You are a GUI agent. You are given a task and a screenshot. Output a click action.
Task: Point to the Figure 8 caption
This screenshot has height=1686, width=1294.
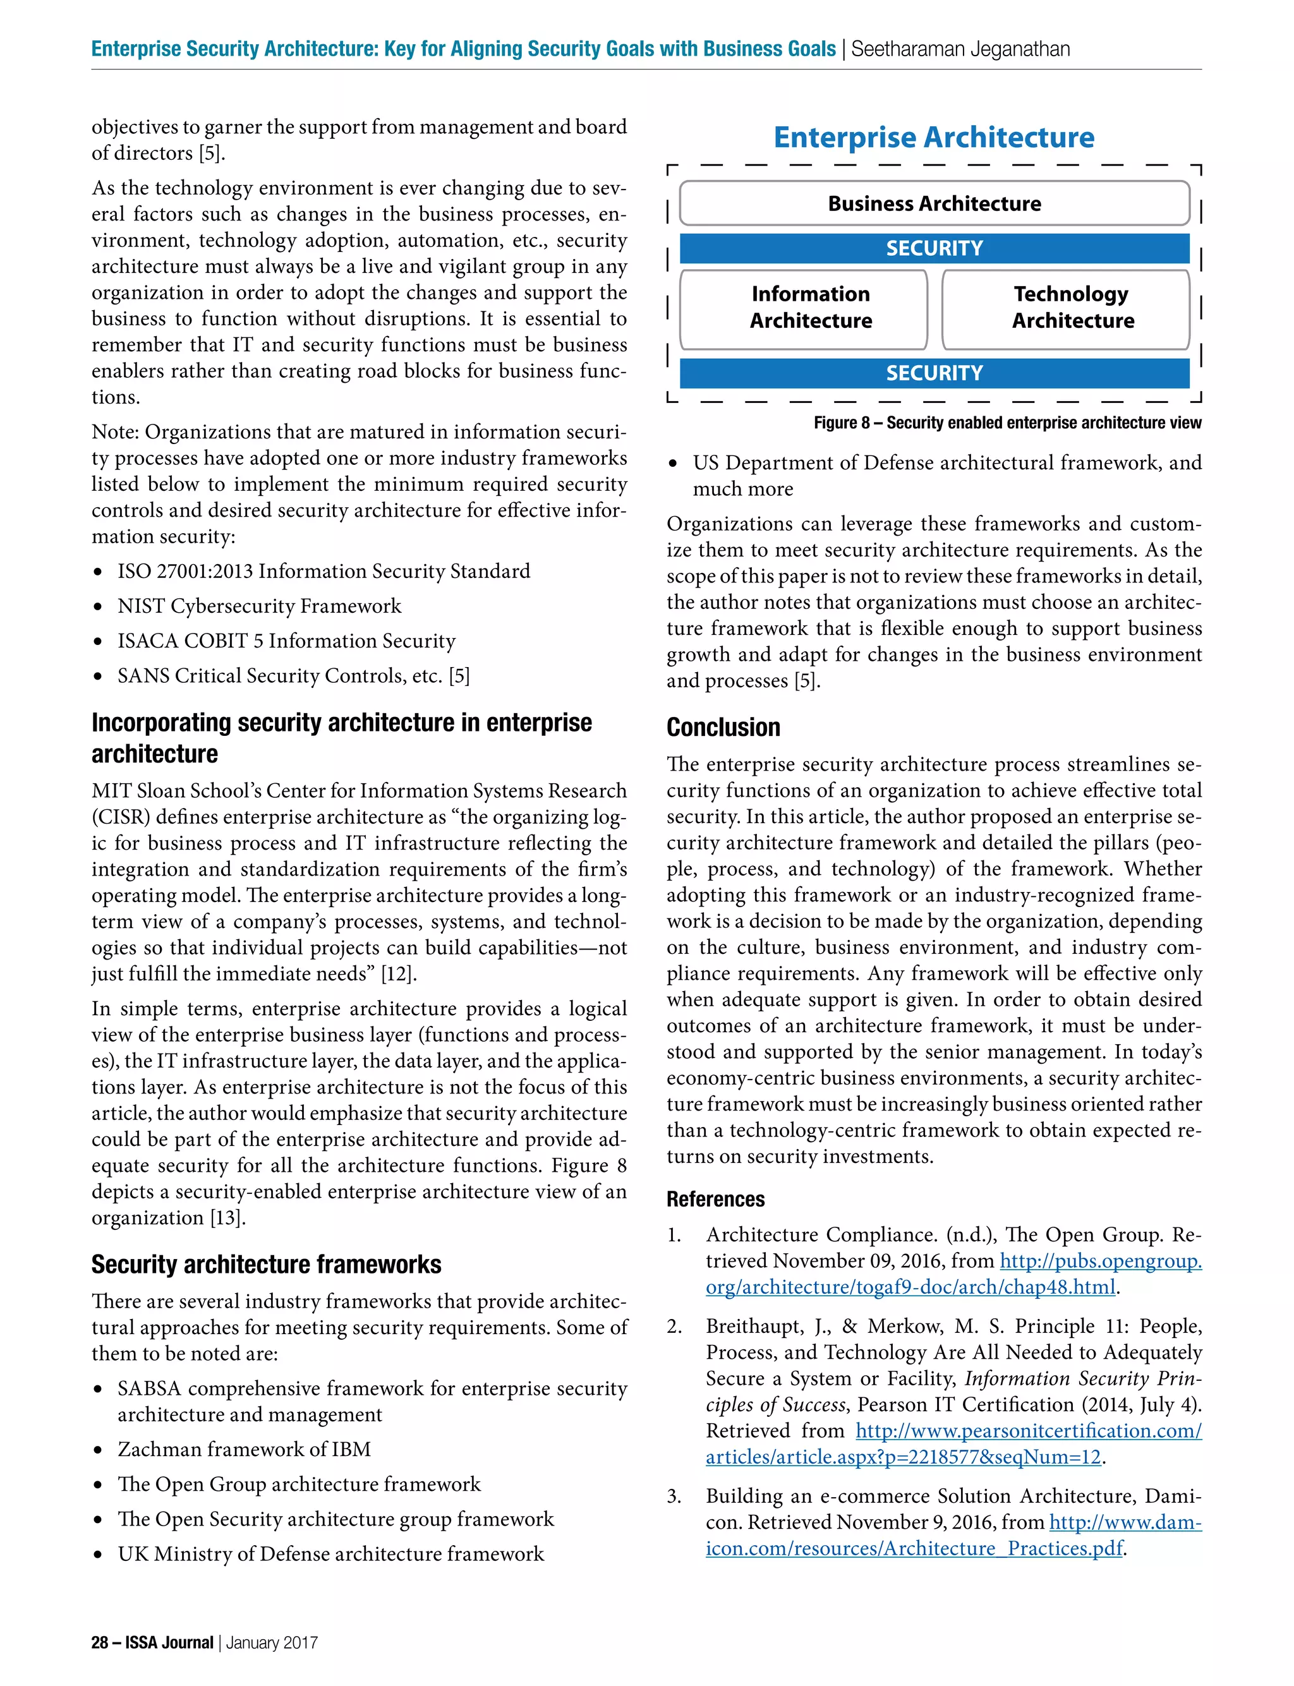click(x=1007, y=423)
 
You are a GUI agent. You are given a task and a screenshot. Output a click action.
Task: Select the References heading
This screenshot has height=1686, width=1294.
click(x=715, y=1200)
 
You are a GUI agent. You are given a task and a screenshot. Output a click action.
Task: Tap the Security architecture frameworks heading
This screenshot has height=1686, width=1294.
click(x=266, y=1264)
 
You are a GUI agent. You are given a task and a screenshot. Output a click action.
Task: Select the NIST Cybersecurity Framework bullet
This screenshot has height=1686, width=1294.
click(x=259, y=606)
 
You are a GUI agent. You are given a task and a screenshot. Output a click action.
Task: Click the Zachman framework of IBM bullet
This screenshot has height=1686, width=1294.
click(x=243, y=1450)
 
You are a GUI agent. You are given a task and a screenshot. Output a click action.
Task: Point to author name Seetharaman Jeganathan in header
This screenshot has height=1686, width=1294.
click(x=960, y=49)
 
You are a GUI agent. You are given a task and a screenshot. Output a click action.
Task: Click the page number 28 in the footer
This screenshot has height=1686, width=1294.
click(x=99, y=1642)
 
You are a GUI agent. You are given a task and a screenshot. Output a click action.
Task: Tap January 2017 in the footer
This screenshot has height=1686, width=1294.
click(x=271, y=1642)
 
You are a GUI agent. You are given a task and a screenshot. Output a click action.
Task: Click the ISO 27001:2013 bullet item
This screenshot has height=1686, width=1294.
click(x=323, y=571)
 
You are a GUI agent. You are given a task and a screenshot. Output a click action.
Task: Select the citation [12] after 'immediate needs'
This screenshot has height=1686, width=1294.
click(x=398, y=974)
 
